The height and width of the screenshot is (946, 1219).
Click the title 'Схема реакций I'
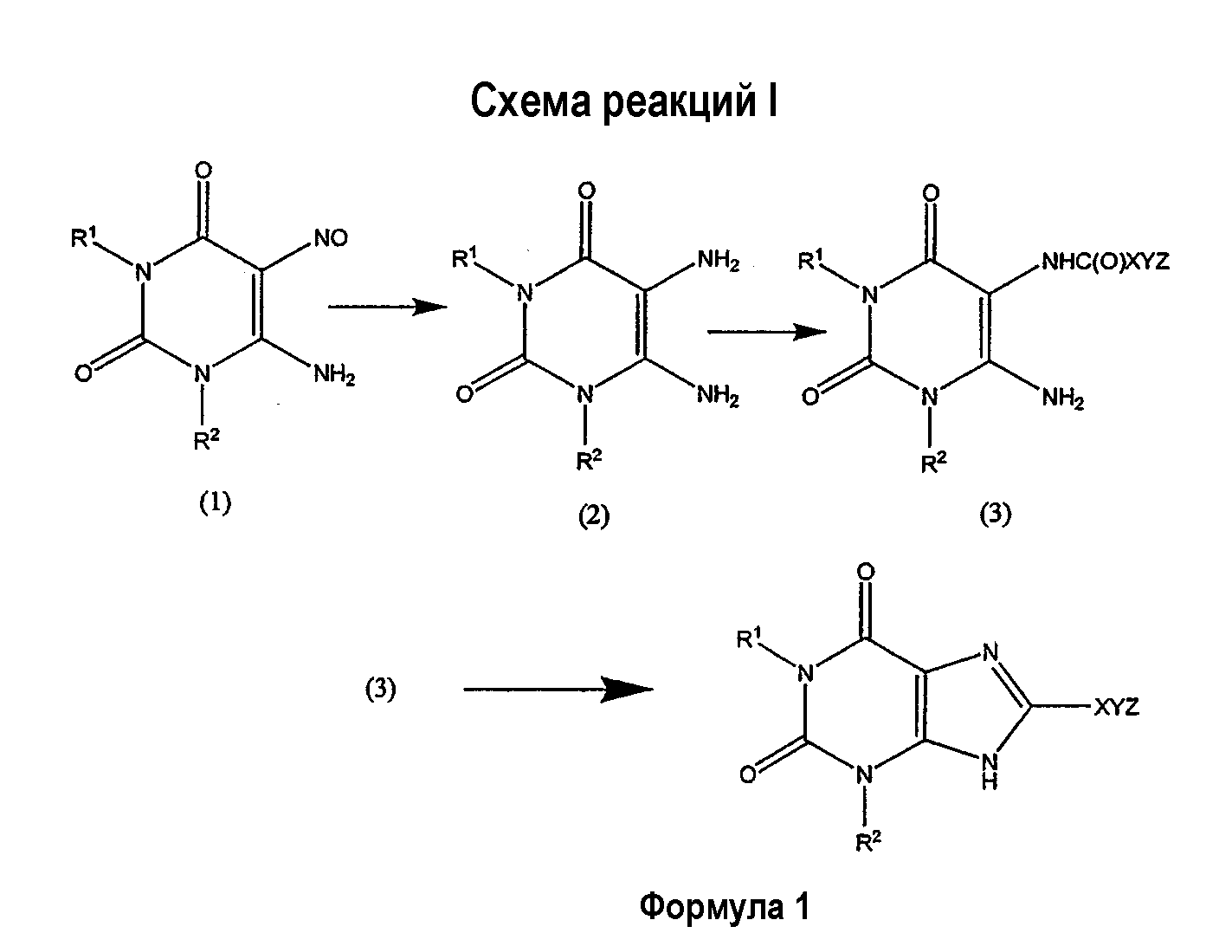[x=623, y=102]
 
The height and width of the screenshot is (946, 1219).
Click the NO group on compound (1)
[x=331, y=238]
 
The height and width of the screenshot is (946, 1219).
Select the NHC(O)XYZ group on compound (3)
[x=1106, y=262]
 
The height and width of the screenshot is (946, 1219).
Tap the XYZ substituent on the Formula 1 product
[x=1117, y=708]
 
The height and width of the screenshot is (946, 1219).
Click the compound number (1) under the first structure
[x=215, y=503]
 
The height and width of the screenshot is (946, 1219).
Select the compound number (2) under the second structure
[x=594, y=516]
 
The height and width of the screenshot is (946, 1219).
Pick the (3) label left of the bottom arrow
[x=380, y=689]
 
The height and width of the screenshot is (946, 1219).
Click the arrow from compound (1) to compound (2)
[x=388, y=307]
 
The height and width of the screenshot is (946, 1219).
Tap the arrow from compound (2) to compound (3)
[x=767, y=332]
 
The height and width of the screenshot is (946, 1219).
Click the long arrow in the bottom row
[x=558, y=689]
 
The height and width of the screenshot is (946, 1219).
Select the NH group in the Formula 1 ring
[x=990, y=771]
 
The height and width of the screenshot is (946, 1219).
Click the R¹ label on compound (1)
[x=84, y=238]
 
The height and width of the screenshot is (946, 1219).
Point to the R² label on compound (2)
[x=590, y=460]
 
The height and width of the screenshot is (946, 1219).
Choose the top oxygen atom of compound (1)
[x=203, y=170]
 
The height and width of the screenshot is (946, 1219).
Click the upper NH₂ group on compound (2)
[x=718, y=261]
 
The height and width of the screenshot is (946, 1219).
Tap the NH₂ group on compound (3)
[x=1063, y=398]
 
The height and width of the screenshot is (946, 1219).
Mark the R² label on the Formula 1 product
[x=868, y=842]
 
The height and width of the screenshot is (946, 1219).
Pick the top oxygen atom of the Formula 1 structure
[x=866, y=572]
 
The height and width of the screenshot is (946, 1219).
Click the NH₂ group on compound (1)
[x=334, y=374]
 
